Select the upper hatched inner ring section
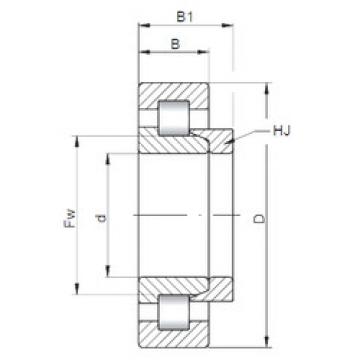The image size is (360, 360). coord(170,141)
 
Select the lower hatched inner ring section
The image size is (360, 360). coord(170,290)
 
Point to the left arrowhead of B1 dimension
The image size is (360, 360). coord(142,28)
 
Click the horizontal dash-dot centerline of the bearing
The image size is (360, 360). coord(180,216)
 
